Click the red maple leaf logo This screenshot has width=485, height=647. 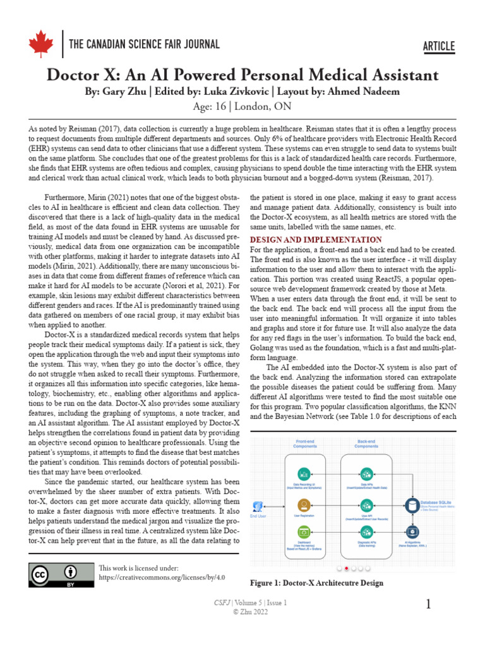41,44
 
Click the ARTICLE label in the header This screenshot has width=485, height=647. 438,45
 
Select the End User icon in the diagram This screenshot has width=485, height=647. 257,506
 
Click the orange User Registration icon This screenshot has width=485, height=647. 304,505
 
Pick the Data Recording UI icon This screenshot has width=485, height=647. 304,474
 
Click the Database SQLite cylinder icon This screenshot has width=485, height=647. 412,505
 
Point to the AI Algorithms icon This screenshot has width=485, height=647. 412,533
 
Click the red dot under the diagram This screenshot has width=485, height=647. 347,568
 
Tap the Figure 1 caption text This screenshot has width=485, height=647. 316,583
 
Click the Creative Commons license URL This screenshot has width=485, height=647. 162,577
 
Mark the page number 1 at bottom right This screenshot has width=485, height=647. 429,605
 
